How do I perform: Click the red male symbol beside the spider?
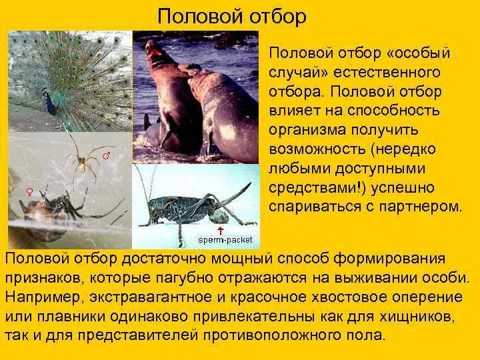coord(105,155)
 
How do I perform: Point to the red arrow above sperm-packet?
coord(220,229)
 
